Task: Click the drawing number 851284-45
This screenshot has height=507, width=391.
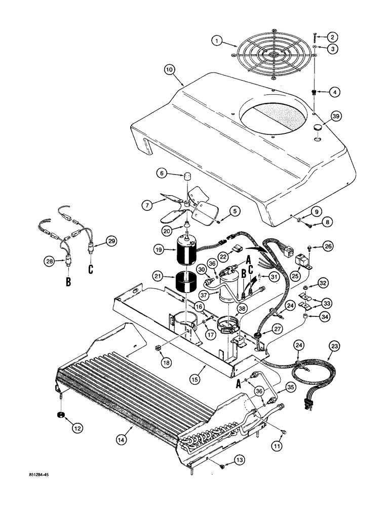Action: click(40, 476)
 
